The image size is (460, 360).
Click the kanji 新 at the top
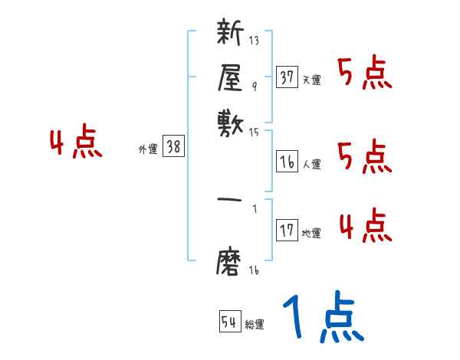(x=231, y=34)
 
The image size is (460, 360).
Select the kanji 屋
(x=231, y=77)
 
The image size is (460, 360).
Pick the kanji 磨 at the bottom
(x=231, y=260)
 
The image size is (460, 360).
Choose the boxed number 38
(x=173, y=147)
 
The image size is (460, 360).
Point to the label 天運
(x=311, y=80)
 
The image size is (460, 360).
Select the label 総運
(x=255, y=325)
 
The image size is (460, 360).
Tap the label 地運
(x=311, y=234)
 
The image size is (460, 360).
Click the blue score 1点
(x=321, y=318)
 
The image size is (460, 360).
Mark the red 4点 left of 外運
(x=75, y=143)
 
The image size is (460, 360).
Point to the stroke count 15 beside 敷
(x=255, y=131)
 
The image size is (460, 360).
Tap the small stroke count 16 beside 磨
(x=255, y=270)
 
